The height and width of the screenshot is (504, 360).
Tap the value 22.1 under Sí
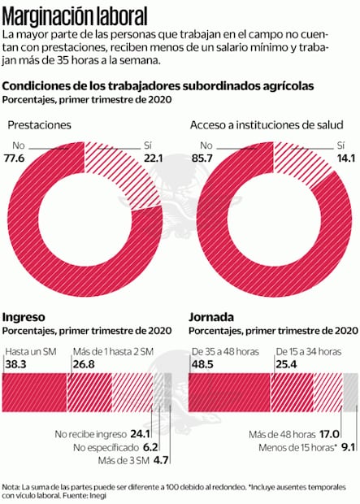pos(165,158)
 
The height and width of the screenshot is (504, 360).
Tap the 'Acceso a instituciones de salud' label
pos(265,125)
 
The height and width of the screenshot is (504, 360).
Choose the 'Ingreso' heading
pos(24,316)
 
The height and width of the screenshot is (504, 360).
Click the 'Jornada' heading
pos(212,316)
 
